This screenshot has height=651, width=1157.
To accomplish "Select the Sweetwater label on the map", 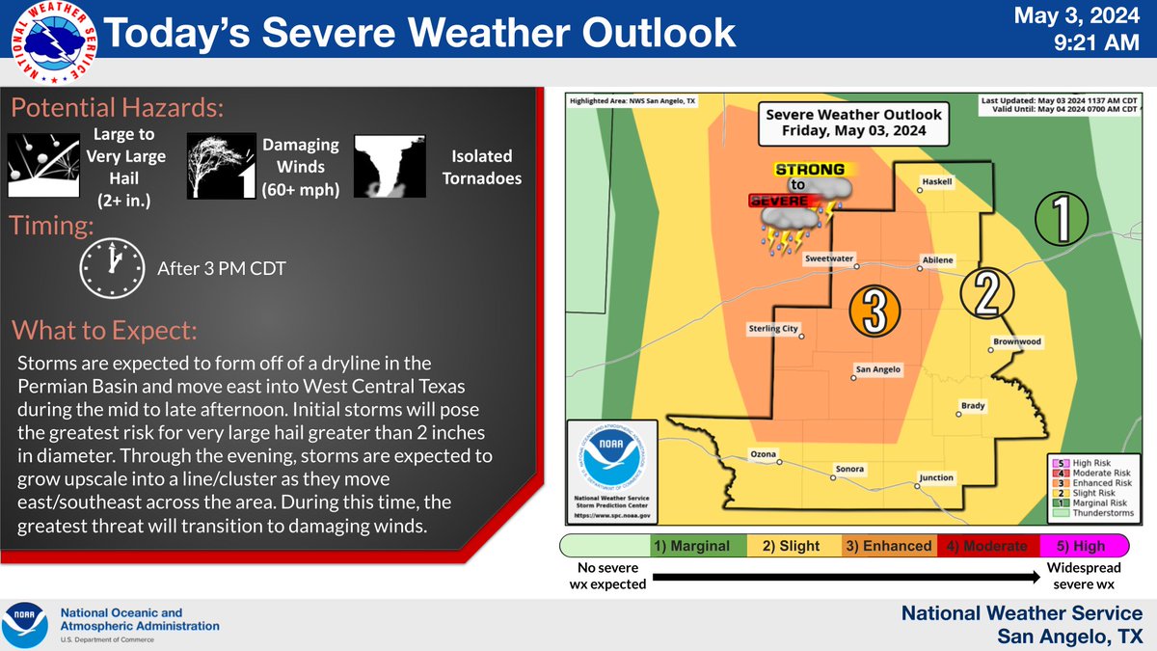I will (x=830, y=259).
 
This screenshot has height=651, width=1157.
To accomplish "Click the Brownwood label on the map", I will (x=1016, y=341).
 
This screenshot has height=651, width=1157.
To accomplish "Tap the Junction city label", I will (x=936, y=477).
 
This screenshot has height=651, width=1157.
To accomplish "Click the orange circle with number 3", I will (x=874, y=310).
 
